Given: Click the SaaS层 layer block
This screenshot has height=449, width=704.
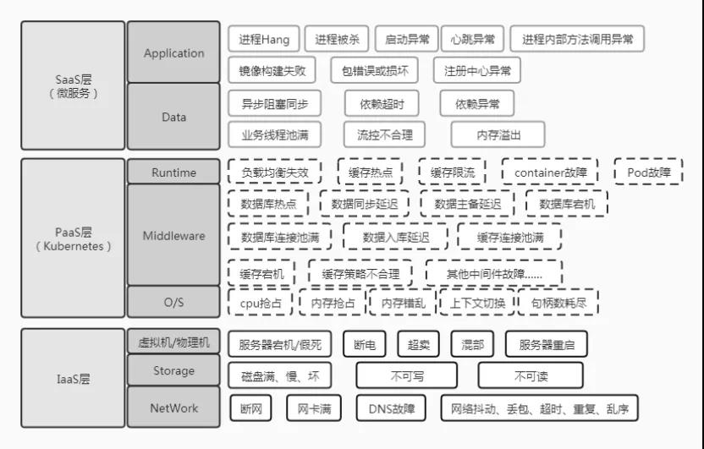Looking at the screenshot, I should click(73, 85).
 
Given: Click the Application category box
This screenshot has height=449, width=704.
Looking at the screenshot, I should click(173, 52).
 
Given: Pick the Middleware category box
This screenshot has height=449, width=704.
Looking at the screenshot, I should click(173, 235).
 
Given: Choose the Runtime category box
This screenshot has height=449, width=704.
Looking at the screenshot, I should click(173, 172).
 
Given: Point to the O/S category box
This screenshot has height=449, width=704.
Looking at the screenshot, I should click(173, 300).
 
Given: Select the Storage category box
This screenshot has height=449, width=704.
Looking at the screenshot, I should click(173, 370).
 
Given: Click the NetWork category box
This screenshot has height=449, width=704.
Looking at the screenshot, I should click(173, 408).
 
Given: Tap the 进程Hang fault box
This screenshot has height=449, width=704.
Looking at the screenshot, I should click(264, 39).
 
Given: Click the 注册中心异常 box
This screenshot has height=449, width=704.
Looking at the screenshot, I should click(477, 70).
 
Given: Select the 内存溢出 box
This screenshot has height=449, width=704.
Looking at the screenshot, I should click(498, 134).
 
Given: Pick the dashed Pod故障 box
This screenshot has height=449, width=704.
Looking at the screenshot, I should click(648, 172).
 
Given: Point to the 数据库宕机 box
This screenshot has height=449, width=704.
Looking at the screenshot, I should click(566, 204).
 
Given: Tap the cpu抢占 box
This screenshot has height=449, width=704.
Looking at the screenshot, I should click(261, 302).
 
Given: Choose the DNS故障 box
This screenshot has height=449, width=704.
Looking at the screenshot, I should click(392, 408).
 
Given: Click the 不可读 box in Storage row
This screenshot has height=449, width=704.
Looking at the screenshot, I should click(531, 375).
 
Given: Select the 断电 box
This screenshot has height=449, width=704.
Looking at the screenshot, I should click(365, 344).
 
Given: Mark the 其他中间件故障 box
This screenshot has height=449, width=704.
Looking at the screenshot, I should click(494, 274).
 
